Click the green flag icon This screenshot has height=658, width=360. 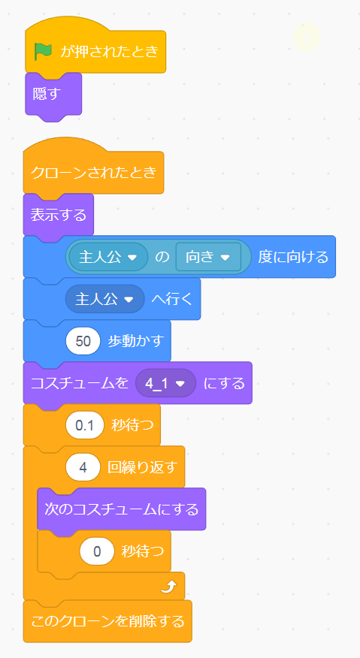(x=44, y=51)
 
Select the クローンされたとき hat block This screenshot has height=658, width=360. (x=93, y=172)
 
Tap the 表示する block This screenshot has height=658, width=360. (x=59, y=216)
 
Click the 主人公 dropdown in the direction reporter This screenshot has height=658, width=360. (x=108, y=257)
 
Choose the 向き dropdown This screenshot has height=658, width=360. (x=208, y=257)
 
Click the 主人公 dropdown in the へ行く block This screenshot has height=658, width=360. (x=104, y=299)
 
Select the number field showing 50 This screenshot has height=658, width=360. (x=83, y=341)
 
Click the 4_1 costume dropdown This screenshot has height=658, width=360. (x=165, y=383)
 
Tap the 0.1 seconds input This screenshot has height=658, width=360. (x=85, y=424)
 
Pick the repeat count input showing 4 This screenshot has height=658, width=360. (x=83, y=466)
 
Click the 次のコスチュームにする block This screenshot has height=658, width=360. (x=122, y=509)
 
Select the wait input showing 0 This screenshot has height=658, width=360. (x=97, y=551)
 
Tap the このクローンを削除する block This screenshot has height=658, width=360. (x=107, y=621)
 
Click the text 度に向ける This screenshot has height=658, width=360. (x=293, y=257)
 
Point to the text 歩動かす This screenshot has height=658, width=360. (x=135, y=341)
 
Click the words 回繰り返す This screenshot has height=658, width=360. (x=142, y=466)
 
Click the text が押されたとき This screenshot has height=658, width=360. (x=109, y=51)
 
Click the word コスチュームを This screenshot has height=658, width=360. (x=80, y=383)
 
